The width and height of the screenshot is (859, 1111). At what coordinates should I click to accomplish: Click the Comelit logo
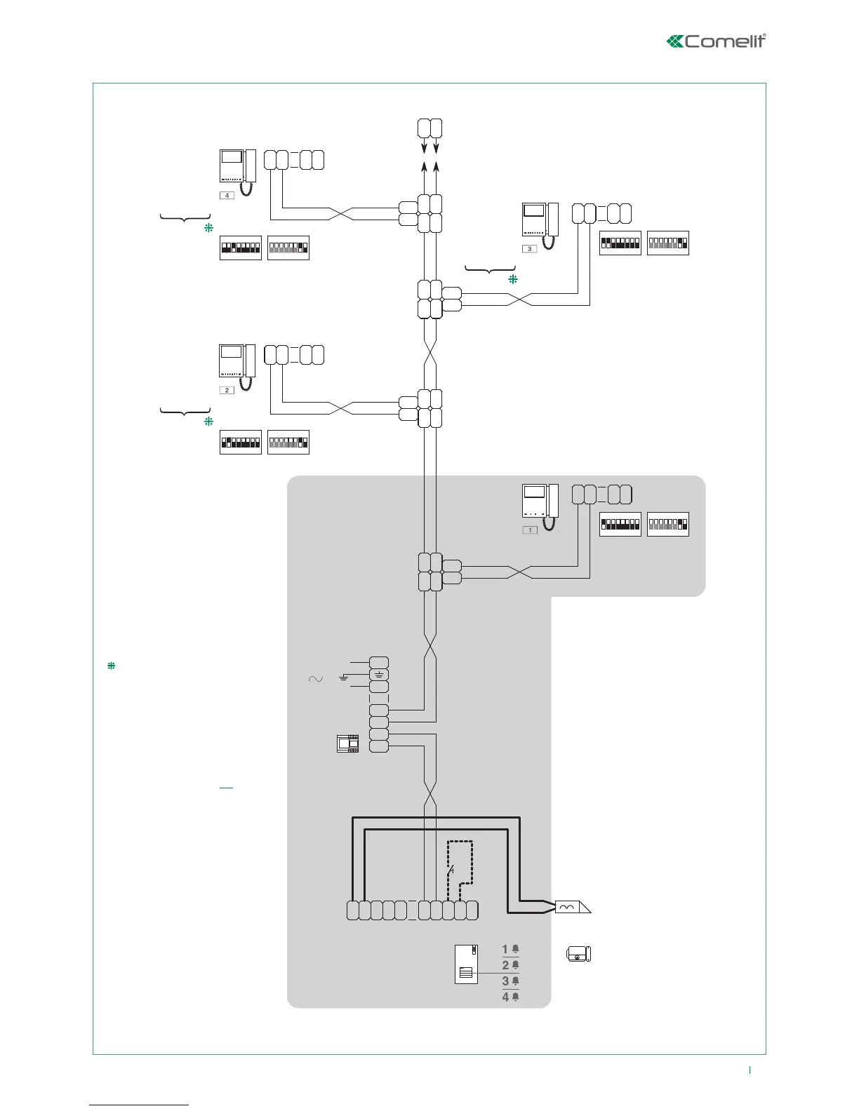point(716,41)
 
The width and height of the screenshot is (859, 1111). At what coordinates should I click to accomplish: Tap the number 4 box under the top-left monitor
point(227,195)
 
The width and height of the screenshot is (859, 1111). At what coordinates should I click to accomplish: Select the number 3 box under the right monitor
point(530,248)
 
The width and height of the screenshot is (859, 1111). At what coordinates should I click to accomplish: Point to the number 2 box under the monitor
point(227,389)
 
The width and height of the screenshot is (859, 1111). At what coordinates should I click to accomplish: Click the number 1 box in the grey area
point(530,530)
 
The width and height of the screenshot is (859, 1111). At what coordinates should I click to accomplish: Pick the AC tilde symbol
point(315,678)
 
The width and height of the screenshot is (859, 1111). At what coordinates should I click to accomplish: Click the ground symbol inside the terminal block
point(378,675)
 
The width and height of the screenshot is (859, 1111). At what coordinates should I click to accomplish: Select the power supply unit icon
point(347,743)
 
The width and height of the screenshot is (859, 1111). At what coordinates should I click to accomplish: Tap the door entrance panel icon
point(466,964)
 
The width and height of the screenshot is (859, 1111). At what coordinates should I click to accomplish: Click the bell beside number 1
point(515,949)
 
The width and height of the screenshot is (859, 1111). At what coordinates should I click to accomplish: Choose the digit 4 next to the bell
point(505,997)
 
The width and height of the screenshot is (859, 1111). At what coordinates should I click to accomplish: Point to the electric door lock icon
point(579,954)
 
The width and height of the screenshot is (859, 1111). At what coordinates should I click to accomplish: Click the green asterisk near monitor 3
point(512,279)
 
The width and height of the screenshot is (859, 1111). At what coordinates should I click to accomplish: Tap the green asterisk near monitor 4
point(208,228)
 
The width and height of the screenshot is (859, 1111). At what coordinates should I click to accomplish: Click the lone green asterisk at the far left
point(110,666)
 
